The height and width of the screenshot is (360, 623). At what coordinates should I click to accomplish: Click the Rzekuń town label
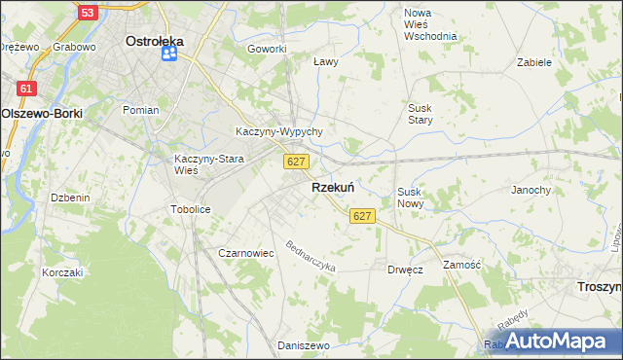tap(332, 188)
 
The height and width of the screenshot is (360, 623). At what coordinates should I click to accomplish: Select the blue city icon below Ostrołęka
tap(168, 54)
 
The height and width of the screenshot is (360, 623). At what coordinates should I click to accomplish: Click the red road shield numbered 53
tap(88, 13)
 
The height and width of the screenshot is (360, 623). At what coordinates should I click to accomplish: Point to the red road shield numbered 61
tap(27, 89)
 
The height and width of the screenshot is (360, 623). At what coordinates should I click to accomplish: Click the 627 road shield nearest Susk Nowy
tap(362, 215)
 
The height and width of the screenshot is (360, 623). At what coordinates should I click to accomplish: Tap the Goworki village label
tap(267, 49)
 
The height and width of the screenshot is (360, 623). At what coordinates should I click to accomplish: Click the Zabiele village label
tap(534, 61)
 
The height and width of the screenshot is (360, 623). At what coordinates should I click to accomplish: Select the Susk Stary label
tap(420, 113)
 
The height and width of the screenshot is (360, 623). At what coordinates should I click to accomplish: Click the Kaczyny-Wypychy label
tap(279, 131)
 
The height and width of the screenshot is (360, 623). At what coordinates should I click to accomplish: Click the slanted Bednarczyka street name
tap(310, 256)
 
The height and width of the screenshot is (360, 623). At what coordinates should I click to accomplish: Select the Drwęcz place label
tap(405, 269)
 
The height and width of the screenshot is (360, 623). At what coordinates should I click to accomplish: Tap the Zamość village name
tap(462, 265)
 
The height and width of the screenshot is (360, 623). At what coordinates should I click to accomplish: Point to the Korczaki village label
tap(62, 272)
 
